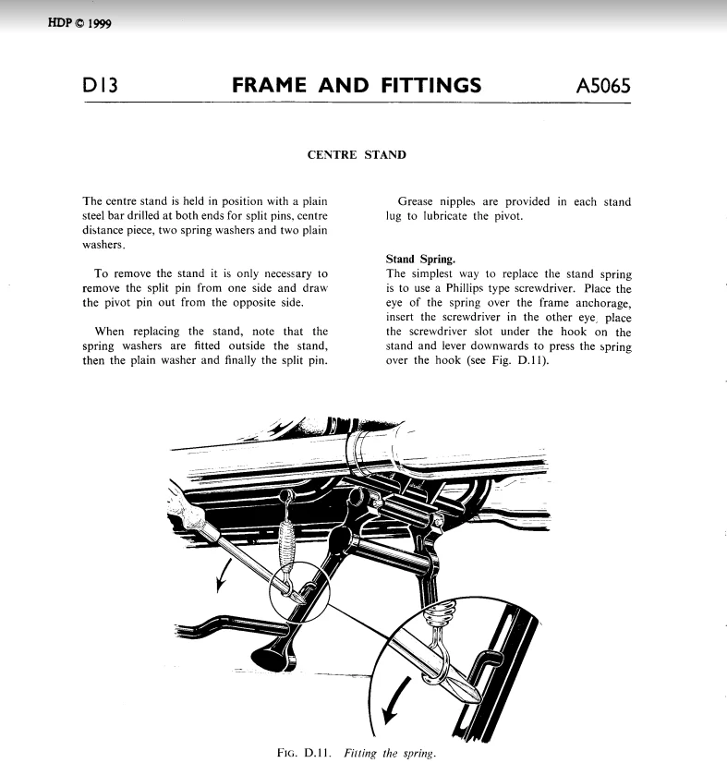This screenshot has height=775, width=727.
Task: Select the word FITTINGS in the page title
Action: coord(430,87)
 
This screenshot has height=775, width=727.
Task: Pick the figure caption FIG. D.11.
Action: coord(306,753)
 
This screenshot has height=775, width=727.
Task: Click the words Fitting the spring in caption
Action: coord(389,753)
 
